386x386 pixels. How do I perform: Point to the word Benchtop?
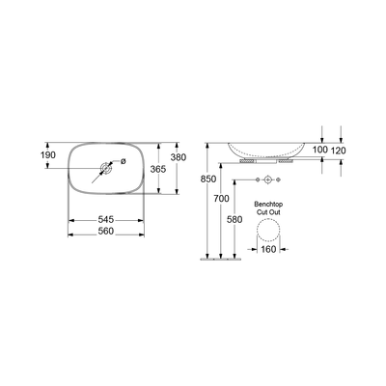point(267,206)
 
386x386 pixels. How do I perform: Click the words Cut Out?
point(267,214)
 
